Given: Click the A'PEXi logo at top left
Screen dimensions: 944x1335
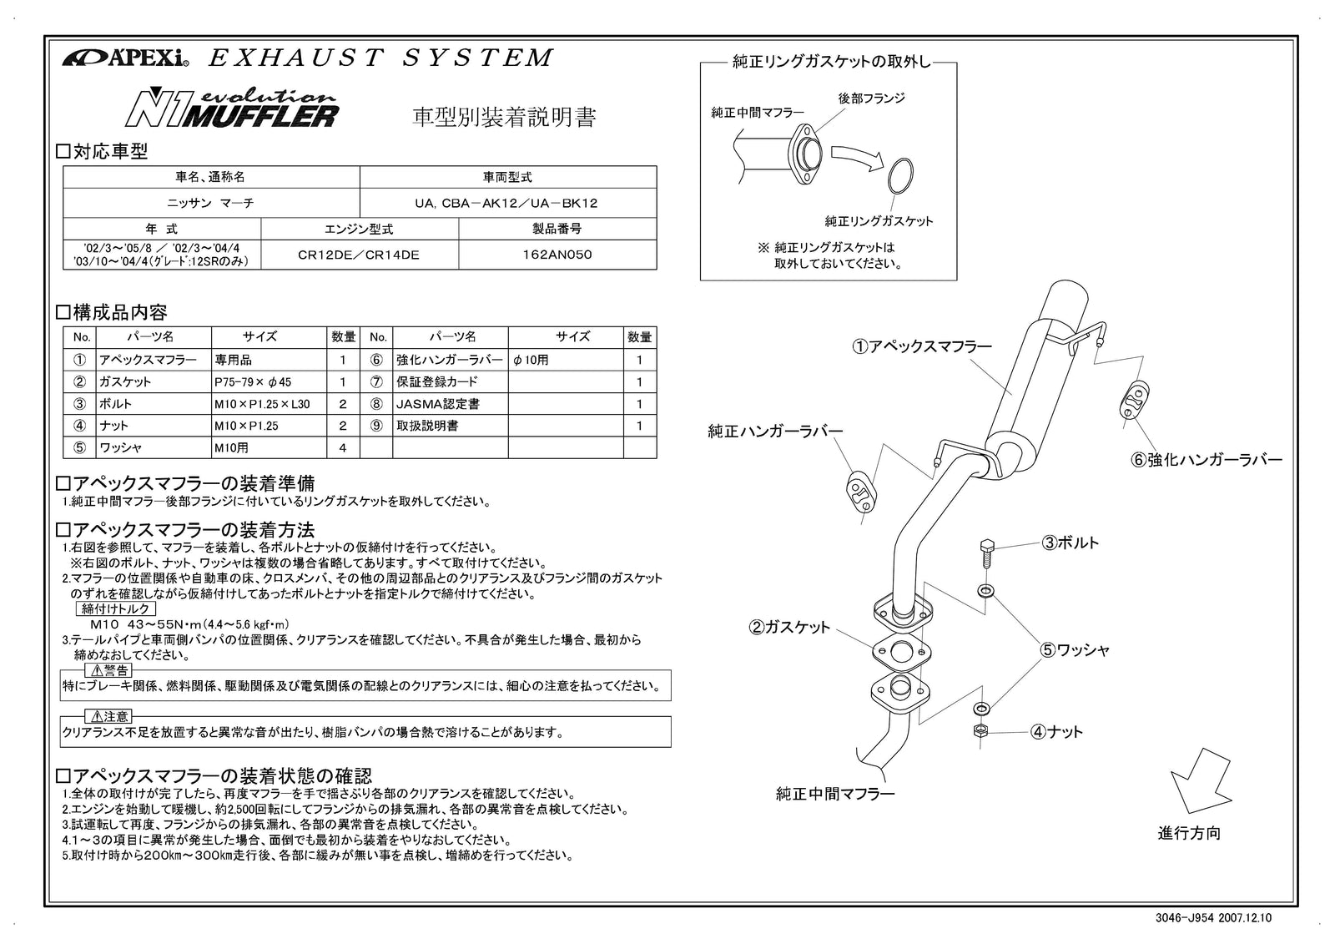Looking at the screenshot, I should click(125, 58).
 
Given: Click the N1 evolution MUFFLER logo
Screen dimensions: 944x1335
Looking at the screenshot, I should click(231, 107).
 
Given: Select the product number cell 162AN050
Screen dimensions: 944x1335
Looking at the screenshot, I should click(557, 255).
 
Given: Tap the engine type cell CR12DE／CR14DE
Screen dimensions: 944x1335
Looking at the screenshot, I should click(359, 255).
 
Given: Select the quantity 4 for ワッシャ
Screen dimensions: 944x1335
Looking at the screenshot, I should click(343, 448).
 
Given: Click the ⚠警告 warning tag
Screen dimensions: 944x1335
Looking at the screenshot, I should click(108, 670).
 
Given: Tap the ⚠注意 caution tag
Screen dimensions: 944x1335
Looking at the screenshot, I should click(108, 717).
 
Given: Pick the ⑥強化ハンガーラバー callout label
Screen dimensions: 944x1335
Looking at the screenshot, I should click(1207, 460).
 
